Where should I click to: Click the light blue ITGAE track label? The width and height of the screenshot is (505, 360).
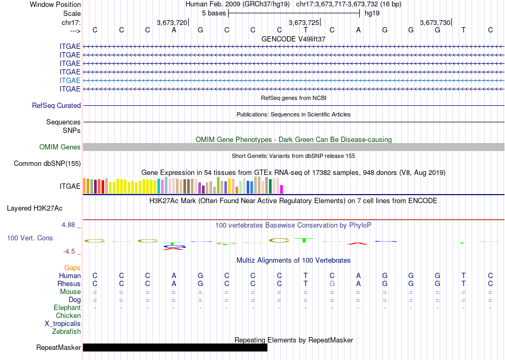[x=70, y=80]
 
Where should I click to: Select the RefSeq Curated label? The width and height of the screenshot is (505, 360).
[x=56, y=106]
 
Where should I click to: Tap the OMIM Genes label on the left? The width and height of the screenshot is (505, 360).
[x=60, y=147]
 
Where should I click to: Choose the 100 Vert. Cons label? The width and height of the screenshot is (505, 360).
[x=30, y=238]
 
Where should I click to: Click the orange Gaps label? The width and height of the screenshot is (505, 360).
[x=72, y=267]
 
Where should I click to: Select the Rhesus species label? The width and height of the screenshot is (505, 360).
[x=69, y=283]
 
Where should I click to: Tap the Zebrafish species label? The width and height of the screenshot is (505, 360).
[x=66, y=331]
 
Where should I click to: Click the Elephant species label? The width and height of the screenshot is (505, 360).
[x=68, y=307]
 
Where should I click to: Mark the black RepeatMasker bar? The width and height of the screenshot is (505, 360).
[x=175, y=348]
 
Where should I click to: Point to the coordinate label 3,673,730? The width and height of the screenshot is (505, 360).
[x=435, y=23]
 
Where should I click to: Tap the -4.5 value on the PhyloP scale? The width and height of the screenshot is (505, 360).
[x=70, y=252]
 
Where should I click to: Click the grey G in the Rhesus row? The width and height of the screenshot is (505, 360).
[x=332, y=283]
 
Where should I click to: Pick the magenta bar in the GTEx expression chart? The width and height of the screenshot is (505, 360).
[x=282, y=189]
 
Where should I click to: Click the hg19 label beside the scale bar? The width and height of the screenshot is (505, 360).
[x=372, y=13]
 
